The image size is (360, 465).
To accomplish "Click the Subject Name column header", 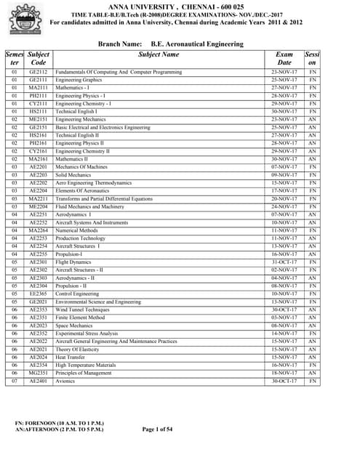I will point(159,54).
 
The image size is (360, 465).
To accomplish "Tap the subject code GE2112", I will point(39,73).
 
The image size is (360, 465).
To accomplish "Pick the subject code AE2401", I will point(39,381).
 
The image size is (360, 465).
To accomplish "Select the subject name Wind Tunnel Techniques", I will point(82,309).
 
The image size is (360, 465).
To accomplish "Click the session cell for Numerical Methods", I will point(313,230).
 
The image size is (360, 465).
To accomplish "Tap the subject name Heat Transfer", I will point(73,357).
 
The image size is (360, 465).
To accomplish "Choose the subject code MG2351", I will point(39,373).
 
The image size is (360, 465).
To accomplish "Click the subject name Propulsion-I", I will point(72,254).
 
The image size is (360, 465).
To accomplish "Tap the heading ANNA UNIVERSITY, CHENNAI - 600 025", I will point(186,4).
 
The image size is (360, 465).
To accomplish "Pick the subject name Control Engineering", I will point(80,294).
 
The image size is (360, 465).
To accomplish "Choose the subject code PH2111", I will point(39,96).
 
